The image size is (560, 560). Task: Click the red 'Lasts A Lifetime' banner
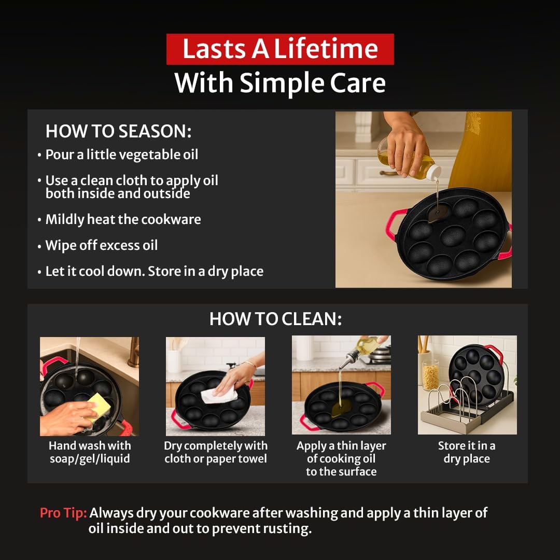click(280, 49)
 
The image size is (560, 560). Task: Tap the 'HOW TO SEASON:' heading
click(119, 131)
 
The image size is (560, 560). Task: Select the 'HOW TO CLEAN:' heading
click(275, 318)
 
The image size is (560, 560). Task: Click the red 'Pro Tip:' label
click(63, 512)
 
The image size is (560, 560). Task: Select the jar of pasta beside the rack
click(430, 375)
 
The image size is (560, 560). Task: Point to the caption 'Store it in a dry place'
click(467, 452)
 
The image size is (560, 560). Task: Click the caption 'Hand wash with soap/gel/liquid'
click(90, 452)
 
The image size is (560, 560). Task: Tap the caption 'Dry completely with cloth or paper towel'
click(216, 452)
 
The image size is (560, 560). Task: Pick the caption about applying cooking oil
click(341, 458)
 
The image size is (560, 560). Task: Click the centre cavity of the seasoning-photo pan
click(453, 236)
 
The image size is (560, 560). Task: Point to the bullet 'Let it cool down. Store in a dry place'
click(155, 271)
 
